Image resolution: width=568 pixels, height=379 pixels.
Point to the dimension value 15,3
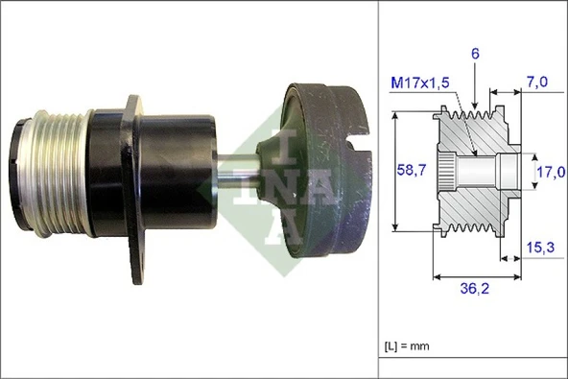540,248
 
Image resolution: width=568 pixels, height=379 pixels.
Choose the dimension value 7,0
537,84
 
